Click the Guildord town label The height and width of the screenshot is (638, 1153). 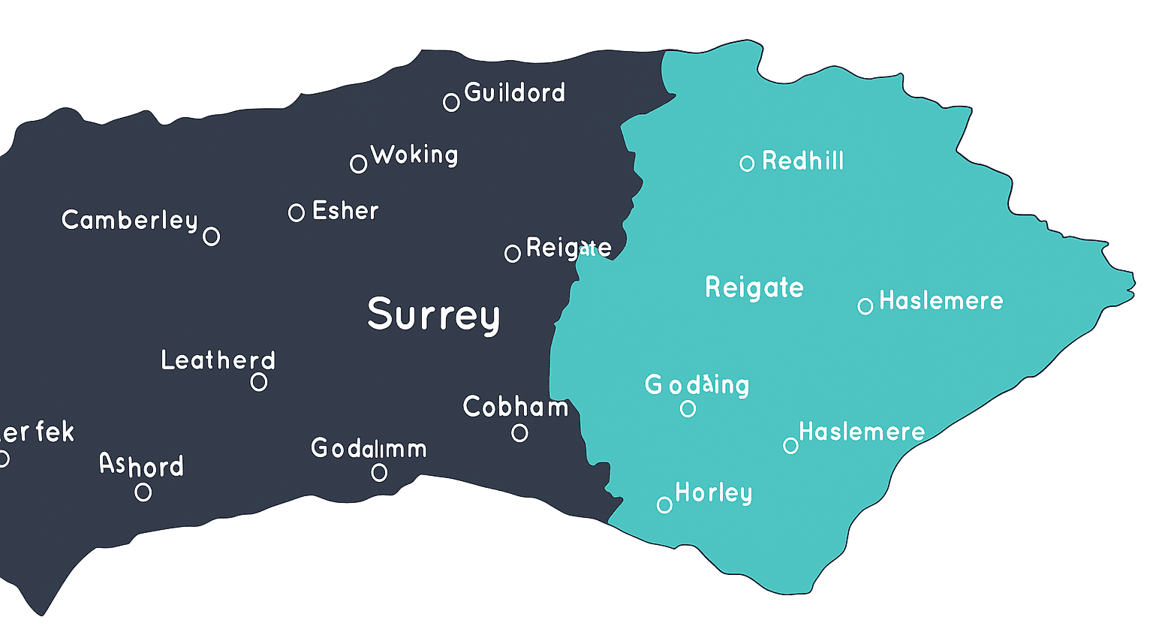(514, 93)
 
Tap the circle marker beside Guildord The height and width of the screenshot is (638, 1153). (451, 102)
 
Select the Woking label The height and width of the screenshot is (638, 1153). (414, 155)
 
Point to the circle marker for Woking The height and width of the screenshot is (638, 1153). (359, 164)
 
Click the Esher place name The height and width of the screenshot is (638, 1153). (345, 211)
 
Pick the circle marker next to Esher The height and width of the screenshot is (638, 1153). (297, 212)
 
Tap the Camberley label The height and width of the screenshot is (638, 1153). (130, 220)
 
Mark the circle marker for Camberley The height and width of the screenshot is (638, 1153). (212, 236)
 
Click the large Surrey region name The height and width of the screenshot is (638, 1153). (434, 314)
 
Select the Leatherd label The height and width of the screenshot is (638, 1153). (218, 360)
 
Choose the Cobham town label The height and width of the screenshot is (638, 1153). (516, 407)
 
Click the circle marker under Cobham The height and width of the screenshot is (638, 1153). (519, 433)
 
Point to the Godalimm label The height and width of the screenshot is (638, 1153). (369, 449)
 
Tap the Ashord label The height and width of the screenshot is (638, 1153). (142, 465)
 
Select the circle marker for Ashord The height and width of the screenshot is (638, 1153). (143, 492)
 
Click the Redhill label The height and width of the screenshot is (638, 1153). (803, 161)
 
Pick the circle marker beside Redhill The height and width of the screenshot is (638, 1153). (747, 164)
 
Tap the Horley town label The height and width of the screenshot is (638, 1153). (713, 493)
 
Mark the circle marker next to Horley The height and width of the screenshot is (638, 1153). (664, 505)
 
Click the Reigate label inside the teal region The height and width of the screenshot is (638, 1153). (754, 287)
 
